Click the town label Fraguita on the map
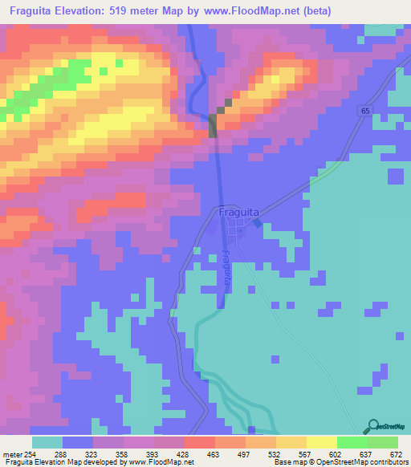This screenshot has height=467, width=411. coord(238,213)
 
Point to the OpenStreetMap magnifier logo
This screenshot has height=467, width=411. coord(372,426)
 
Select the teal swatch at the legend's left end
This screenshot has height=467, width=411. coord(47,442)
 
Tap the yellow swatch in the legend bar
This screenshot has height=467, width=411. coord(321,442)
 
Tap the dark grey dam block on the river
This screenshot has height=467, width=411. coord(213,127)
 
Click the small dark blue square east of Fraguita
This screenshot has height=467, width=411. coord(257,224)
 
